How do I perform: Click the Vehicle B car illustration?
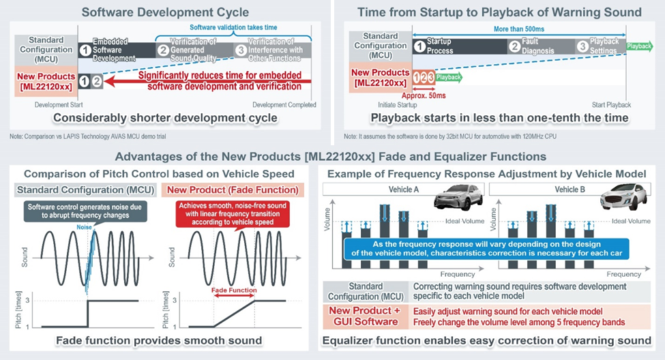tap(624, 197)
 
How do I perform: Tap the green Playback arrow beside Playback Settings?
tap(639, 46)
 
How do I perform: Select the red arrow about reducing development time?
tap(207, 81)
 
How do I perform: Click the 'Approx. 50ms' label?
tap(424, 96)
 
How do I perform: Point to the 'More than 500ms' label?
tap(518, 29)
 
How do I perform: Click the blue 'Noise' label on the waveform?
tap(84, 227)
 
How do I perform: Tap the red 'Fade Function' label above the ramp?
tap(234, 290)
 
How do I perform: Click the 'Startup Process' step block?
tap(460, 46)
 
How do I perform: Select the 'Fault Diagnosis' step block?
tap(541, 46)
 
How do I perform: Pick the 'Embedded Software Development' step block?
tap(117, 50)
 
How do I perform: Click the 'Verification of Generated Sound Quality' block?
tap(194, 50)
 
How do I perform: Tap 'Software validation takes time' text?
tap(233, 27)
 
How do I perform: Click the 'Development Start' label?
tap(59, 105)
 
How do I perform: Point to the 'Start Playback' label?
tap(611, 105)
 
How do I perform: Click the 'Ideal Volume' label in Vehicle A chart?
tap(465, 221)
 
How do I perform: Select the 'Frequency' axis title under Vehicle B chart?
tap(623, 274)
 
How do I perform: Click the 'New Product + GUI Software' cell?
tap(365, 316)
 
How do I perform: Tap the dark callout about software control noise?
tap(85, 211)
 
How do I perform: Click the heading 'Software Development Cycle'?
tap(166, 12)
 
